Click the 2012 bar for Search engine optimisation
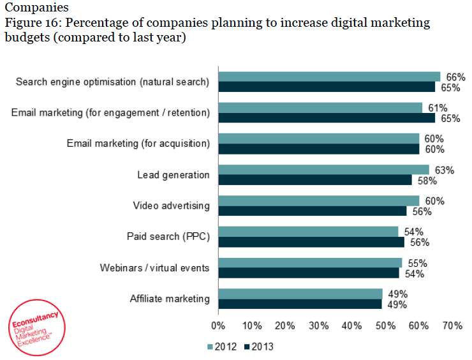pos(329,77)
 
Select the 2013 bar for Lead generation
pos(315,180)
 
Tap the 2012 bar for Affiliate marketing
pos(300,294)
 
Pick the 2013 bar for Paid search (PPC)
pos(311,243)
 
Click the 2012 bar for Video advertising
pos(319,201)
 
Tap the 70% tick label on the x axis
pos(452,326)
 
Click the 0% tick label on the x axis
pos(218,326)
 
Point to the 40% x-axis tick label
pos(352,326)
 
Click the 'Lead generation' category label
pos(173,175)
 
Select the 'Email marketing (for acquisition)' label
pos(138,143)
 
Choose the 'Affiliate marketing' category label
pos(169,299)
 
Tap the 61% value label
pos(434,108)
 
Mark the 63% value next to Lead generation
pos(441,170)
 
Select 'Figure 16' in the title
pos(30,23)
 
